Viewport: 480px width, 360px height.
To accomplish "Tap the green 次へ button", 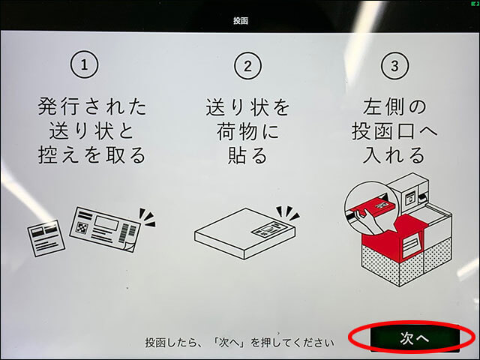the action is pyautogui.click(x=415, y=338).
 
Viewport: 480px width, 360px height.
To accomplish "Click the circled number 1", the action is pyautogui.click(x=85, y=64).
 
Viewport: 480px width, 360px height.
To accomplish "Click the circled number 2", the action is pyautogui.click(x=247, y=66).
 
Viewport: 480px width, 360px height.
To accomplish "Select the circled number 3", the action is pyautogui.click(x=394, y=66).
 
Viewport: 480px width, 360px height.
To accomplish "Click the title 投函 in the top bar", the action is pyautogui.click(x=240, y=21).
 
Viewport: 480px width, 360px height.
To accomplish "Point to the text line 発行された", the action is pyautogui.click(x=91, y=106).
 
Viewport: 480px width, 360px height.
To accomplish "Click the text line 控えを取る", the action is pyautogui.click(x=91, y=154).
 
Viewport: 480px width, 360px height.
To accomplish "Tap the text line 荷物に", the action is pyautogui.click(x=247, y=132).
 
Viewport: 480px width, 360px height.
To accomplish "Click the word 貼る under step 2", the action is pyautogui.click(x=247, y=156).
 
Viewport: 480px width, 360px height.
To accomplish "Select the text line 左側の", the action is pyautogui.click(x=394, y=106).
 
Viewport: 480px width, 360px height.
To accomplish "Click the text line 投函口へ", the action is pyautogui.click(x=394, y=131).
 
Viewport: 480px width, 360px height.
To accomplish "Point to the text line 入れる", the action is pyautogui.click(x=394, y=154).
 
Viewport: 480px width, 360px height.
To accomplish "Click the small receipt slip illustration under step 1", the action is pyautogui.click(x=46, y=238).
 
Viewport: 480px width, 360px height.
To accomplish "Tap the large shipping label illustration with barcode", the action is pyautogui.click(x=105, y=229).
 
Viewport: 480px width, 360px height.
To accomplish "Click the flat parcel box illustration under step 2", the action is pyautogui.click(x=245, y=233).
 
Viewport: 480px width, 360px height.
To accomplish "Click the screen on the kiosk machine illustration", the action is pyautogui.click(x=409, y=198).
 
